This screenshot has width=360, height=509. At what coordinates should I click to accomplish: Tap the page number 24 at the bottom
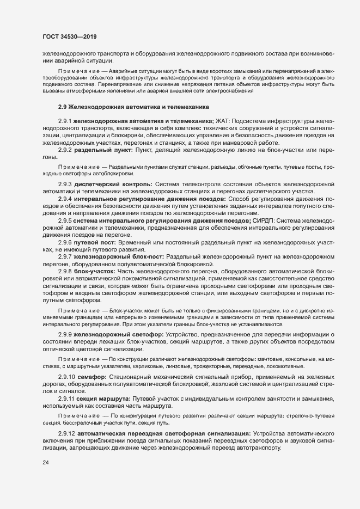[45, 462]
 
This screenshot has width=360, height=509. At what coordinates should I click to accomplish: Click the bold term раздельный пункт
[101, 149]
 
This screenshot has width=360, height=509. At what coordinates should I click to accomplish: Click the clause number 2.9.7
[65, 256]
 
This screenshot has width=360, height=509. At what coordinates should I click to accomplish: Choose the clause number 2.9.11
[66, 398]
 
